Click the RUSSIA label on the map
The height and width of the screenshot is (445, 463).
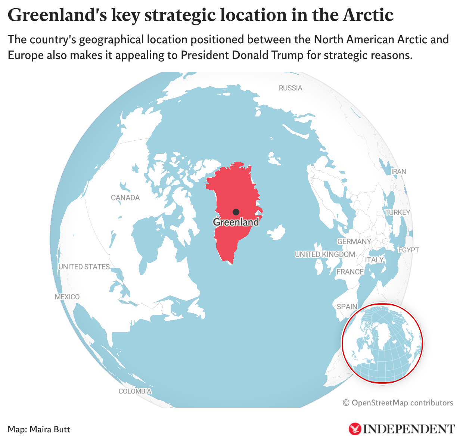coord(290,88)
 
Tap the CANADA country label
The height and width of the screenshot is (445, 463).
coord(125,198)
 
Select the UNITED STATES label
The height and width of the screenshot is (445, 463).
coord(84,267)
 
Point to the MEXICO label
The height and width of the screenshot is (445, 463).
coord(67,297)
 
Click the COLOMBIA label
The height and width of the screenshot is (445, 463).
coord(135,391)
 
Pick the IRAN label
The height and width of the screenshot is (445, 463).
coord(398,171)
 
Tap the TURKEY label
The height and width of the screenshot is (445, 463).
coord(397,212)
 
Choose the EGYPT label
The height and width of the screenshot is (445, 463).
coord(408,250)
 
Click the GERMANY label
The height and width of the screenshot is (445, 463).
coord(354,242)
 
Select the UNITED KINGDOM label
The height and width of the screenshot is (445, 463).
coord(325,254)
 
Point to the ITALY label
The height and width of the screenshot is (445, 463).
coord(374,260)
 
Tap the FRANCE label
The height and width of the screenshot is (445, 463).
coord(350,272)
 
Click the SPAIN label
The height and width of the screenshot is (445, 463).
coord(347,306)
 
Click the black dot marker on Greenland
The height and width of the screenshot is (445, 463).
coord(236,212)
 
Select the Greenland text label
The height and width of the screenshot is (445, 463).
coord(236,222)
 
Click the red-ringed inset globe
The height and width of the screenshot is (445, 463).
coord(382,343)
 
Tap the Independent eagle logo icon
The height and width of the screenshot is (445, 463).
coord(355,429)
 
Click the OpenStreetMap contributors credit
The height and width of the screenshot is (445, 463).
coord(398,403)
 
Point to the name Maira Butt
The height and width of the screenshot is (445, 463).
coord(50,429)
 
